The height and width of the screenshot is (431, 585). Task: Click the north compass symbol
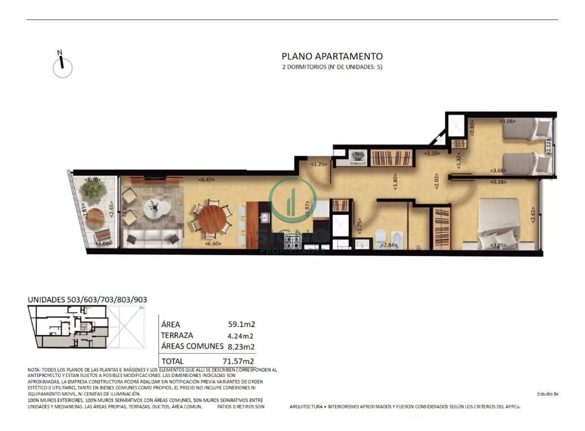(x=62, y=66)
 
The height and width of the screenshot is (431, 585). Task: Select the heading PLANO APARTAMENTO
(x=332, y=57)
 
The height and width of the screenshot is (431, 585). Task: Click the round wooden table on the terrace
(x=95, y=216)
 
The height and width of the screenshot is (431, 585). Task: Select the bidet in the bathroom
(x=397, y=237)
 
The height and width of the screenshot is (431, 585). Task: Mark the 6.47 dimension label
(x=207, y=180)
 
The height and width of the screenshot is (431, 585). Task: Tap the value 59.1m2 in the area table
(x=242, y=323)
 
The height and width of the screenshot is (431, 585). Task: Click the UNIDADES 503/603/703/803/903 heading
(x=87, y=299)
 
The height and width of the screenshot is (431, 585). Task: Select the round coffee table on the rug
(x=157, y=209)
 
